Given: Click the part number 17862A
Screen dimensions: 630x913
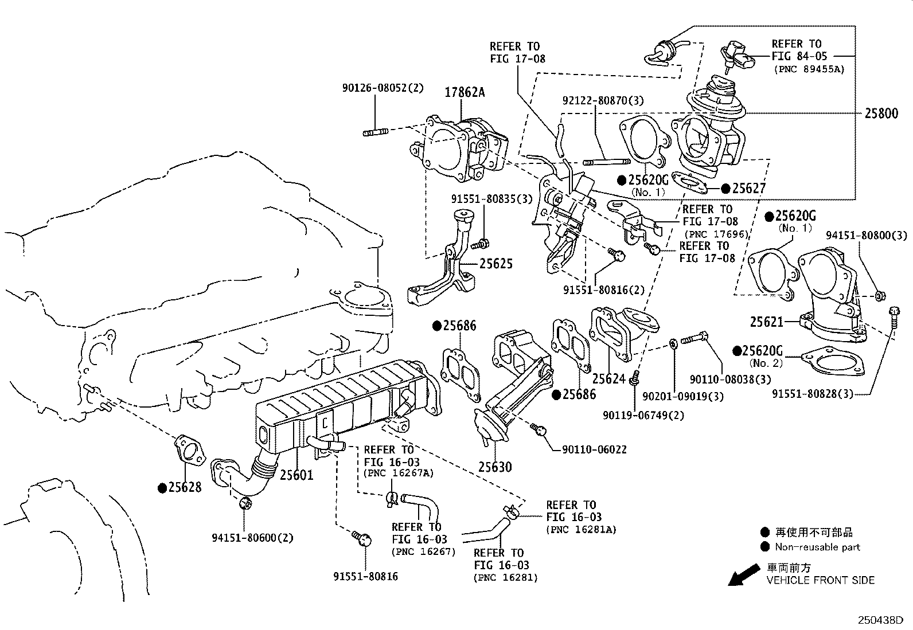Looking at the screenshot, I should [465, 92].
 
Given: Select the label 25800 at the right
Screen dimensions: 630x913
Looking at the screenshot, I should [881, 114].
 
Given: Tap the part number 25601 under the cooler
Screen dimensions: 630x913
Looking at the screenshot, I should [296, 475].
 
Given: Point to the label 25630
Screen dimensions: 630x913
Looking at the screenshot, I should [494, 467].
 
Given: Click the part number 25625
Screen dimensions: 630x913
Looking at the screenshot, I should [496, 264].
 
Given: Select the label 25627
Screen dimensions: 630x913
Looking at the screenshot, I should [749, 189].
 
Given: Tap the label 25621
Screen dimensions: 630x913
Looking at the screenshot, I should [766, 323].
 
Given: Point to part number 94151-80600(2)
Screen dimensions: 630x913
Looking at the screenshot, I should [252, 538].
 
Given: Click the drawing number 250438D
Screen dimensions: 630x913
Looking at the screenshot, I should [880, 620].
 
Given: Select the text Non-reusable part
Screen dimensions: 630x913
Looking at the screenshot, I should [817, 547].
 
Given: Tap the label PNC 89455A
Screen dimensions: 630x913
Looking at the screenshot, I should [809, 69].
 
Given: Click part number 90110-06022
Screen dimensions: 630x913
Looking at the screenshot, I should [590, 450].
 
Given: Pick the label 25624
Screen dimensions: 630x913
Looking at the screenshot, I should [608, 379].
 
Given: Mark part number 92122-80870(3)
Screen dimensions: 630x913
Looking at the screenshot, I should [603, 101].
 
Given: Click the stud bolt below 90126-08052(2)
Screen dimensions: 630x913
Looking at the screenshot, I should [376, 132].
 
